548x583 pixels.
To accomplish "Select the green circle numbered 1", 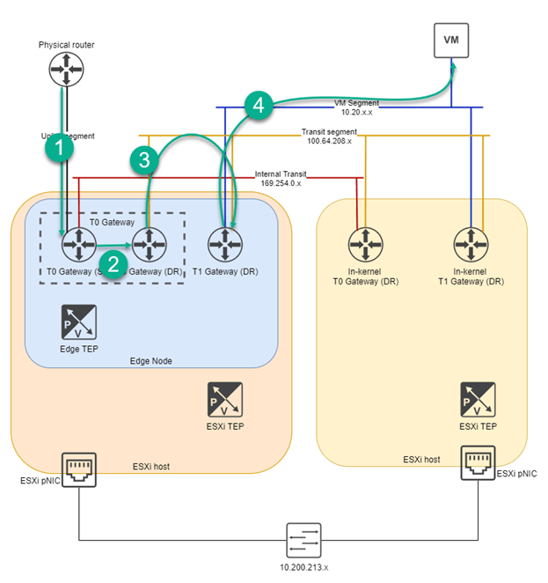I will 59,150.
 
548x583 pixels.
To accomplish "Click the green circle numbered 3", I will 143,159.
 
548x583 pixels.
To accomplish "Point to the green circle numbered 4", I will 257,106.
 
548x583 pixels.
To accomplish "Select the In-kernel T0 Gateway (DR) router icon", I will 363,242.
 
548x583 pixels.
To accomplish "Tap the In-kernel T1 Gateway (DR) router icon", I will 471,242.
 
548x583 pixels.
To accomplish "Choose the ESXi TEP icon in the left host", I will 224,400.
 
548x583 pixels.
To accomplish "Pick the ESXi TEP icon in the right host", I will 477,400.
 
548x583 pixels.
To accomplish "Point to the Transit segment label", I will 327,136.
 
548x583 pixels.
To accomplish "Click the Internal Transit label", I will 279,179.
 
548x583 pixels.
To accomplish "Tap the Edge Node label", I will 151,360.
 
